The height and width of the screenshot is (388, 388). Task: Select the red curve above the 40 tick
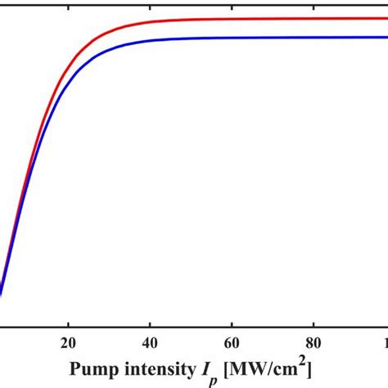click(x=151, y=22)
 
